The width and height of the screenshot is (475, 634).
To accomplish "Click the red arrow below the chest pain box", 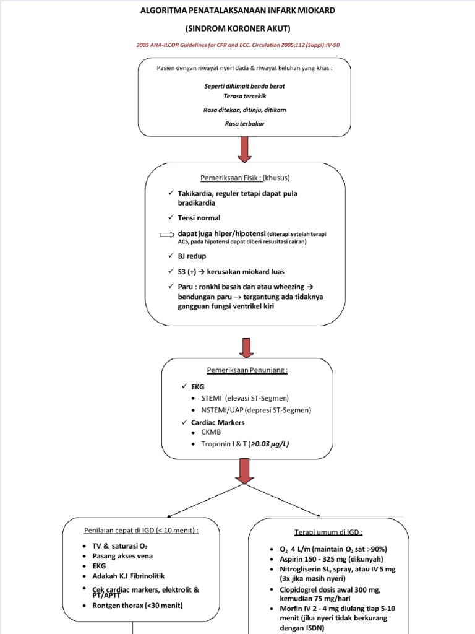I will coord(244,149).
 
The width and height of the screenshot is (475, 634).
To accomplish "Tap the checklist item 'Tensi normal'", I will coord(199,218).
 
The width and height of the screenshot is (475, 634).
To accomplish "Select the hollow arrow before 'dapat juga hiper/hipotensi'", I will coord(168,233).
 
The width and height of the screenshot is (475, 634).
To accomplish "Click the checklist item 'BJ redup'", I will coord(192,256).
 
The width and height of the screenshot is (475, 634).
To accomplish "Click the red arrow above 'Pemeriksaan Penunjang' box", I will coord(246,349).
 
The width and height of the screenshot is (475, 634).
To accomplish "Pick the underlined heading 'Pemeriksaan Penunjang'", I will coord(247,370).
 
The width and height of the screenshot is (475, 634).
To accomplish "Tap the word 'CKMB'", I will coord(212,432).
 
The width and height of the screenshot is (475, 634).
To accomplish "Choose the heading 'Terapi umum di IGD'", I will coord(320,532).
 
